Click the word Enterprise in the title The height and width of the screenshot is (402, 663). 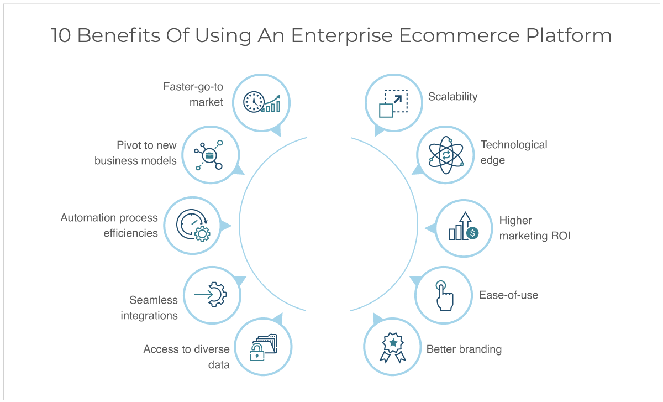pos(342,36)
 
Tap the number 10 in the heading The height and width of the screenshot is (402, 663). pos(61,36)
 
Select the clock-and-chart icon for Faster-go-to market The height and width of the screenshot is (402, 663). pos(262,102)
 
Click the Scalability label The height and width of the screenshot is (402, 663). pos(452,97)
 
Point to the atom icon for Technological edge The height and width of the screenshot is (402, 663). pos(446,155)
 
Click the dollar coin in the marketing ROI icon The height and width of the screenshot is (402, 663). pos(472,233)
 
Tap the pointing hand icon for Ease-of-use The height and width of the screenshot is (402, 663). pos(444,296)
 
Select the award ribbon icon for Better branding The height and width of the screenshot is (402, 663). pos(393,347)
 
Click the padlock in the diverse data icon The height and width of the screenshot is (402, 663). pos(257,352)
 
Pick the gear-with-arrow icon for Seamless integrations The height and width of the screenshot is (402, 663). pos(211,295)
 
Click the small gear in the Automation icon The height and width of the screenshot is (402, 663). pos(202,234)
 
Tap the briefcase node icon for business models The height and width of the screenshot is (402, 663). pos(209,155)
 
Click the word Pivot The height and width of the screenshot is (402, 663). pos(128,145)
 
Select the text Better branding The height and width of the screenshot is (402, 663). pos(464,349)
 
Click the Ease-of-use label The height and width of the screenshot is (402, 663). pos(508,295)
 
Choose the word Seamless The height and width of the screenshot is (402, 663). pos(154,300)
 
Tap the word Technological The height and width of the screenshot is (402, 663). pos(514,145)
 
